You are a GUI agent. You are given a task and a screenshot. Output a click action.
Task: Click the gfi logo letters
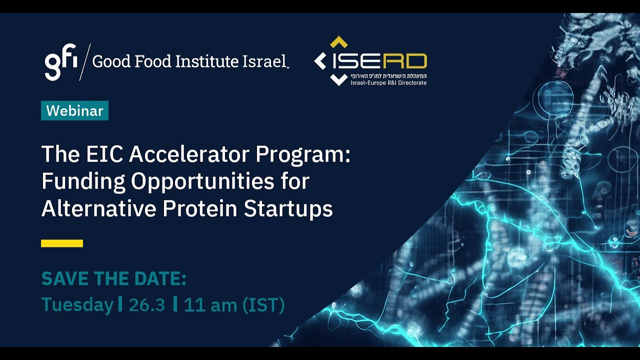tap(61, 61)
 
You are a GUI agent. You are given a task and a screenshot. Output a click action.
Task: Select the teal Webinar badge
tap(74, 110)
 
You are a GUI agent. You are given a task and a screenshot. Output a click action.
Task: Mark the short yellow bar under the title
tap(62, 243)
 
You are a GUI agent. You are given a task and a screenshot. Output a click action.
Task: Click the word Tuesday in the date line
tap(77, 304)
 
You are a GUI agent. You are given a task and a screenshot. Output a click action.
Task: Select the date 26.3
tap(146, 304)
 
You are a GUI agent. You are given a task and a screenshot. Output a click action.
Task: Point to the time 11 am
tap(210, 304)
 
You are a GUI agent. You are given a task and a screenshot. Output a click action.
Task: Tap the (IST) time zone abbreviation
tap(263, 304)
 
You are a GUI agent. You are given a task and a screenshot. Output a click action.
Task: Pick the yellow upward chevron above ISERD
tap(339, 42)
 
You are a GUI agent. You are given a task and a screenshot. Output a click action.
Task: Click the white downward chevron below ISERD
tap(338, 79)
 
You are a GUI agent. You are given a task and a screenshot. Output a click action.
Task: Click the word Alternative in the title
tap(98, 208)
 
